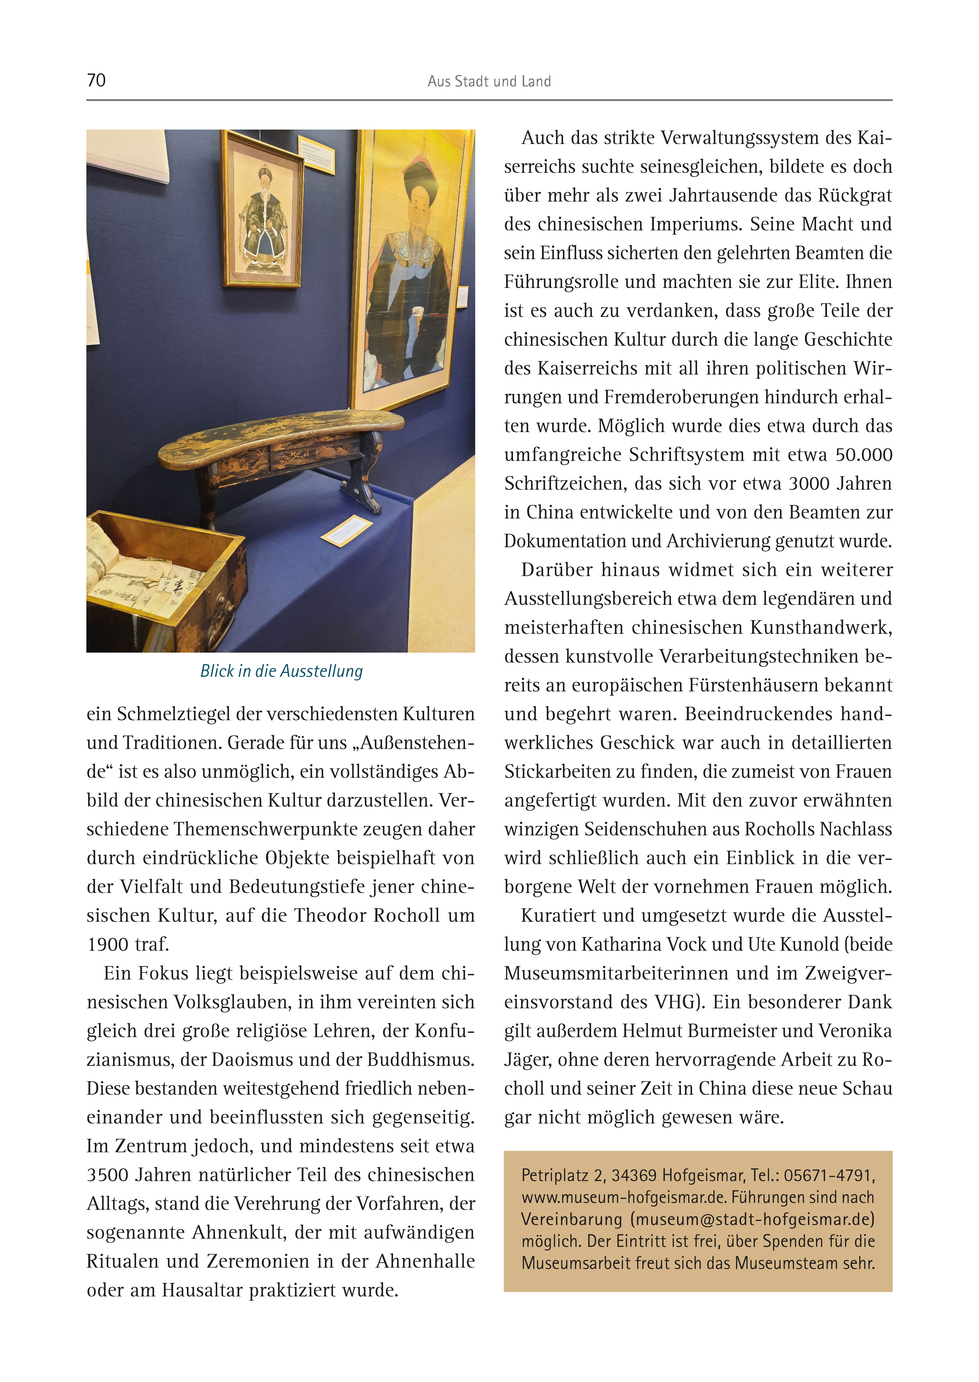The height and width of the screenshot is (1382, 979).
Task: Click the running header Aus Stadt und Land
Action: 489,81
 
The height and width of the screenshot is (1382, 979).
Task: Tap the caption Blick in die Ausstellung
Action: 282,671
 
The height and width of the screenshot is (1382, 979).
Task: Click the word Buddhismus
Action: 420,1059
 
